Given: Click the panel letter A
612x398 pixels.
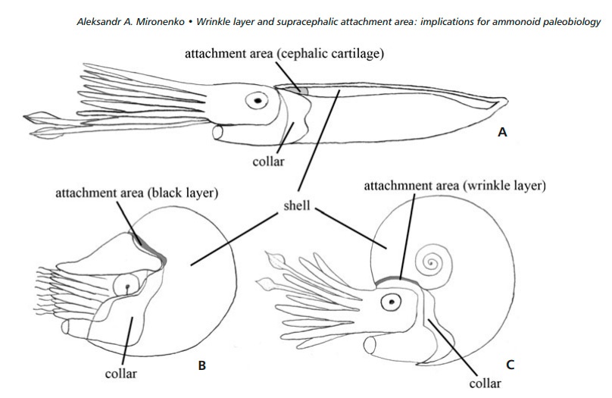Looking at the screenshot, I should (501, 133).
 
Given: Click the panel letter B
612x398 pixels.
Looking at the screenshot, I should (201, 366).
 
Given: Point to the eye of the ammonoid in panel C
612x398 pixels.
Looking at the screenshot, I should (391, 303).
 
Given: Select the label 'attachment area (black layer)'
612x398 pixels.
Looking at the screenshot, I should (137, 193).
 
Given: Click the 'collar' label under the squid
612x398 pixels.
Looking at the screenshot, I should (271, 161).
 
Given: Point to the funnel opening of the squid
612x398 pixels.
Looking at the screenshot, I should (220, 133).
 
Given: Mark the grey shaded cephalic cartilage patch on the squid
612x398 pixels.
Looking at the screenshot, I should (297, 89).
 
